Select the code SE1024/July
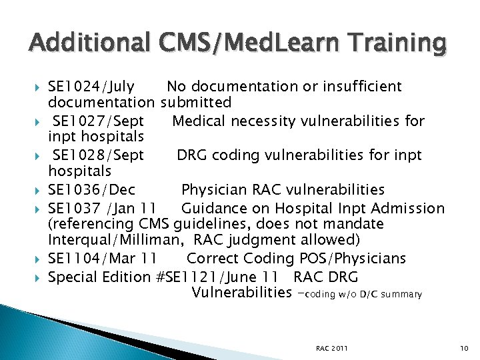point(91,87)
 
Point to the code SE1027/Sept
point(98,121)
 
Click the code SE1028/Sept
point(98,155)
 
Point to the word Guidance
point(214,207)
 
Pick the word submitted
point(196,103)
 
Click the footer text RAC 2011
point(332,349)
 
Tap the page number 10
point(465,349)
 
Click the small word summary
point(403,295)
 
